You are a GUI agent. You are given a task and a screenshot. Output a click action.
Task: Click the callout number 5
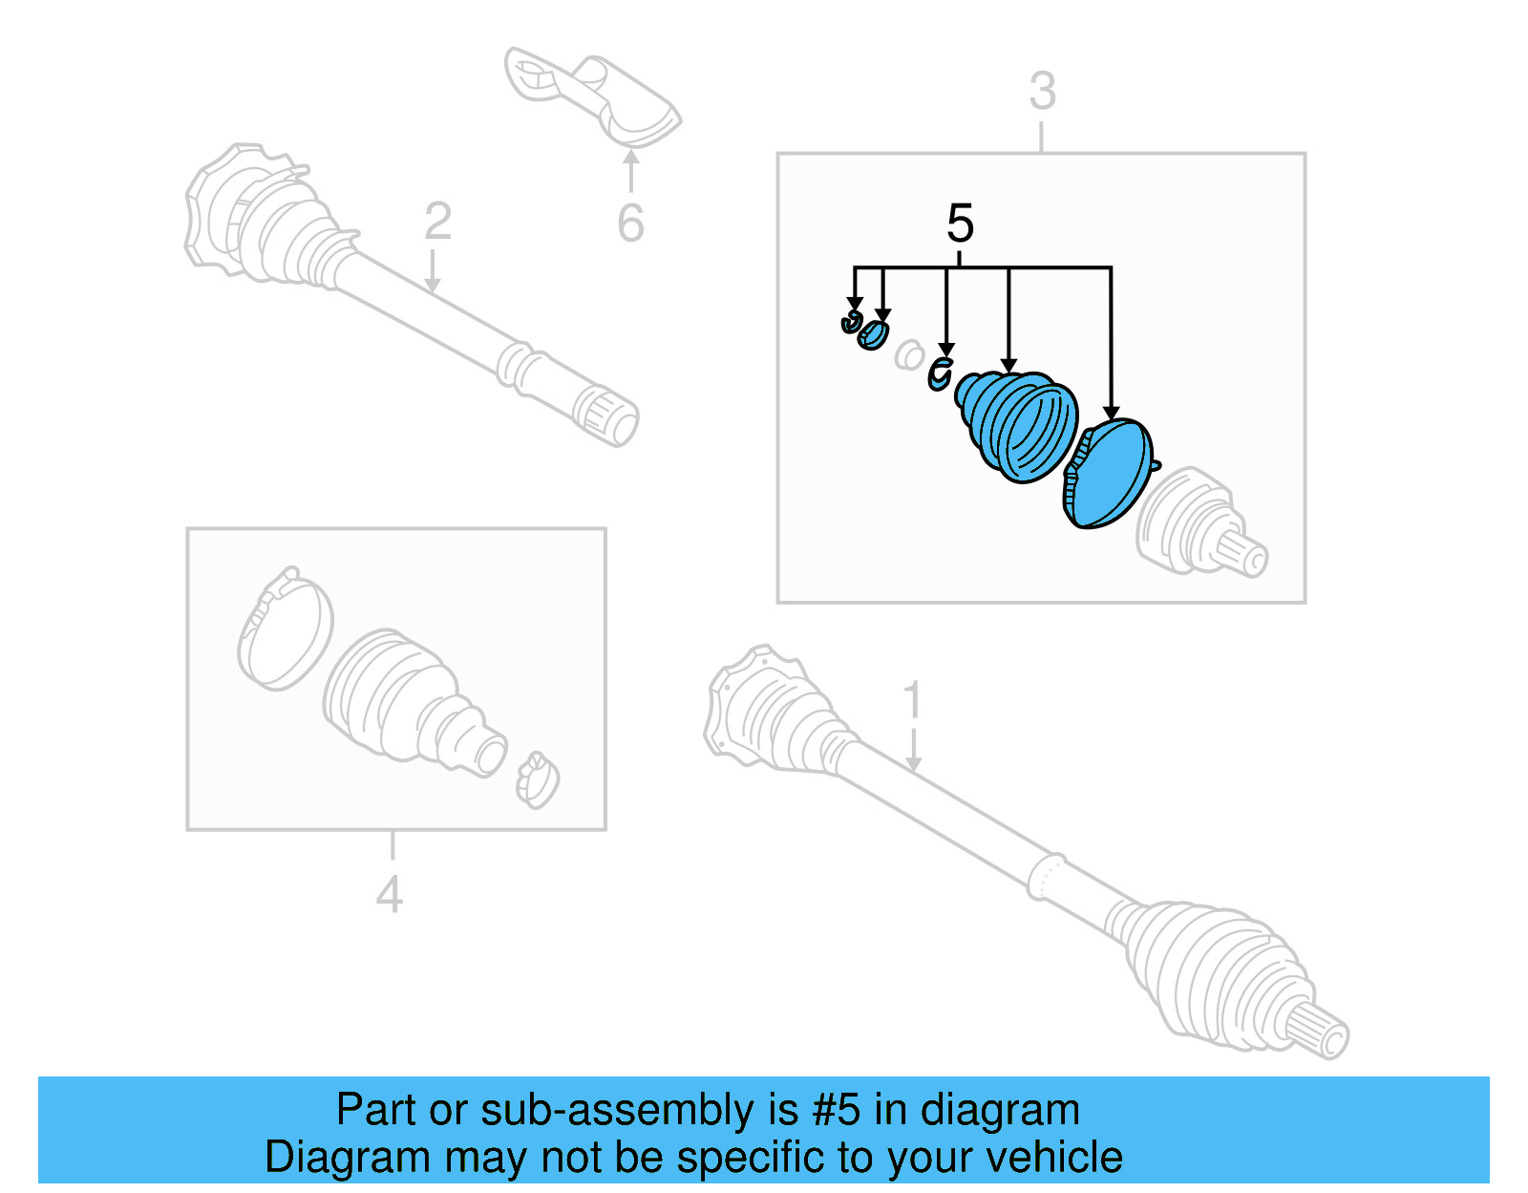tap(960, 224)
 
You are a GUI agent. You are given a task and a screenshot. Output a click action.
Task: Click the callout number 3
tap(1042, 92)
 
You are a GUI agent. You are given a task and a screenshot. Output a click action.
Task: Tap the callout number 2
tap(437, 222)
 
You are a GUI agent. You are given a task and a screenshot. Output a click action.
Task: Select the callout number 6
tap(630, 224)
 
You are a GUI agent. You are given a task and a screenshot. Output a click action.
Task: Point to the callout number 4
tap(389, 895)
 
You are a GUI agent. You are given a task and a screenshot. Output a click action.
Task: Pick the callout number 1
tap(913, 700)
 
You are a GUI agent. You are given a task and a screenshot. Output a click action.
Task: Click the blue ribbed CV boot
tap(1018, 426)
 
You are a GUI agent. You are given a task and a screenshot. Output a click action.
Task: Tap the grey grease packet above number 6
tap(592, 96)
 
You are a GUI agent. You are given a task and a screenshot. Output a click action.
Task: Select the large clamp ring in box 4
tap(284, 629)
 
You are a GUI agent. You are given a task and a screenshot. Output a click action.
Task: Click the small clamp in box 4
tap(537, 779)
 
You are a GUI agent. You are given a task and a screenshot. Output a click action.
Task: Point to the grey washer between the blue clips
tap(909, 356)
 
